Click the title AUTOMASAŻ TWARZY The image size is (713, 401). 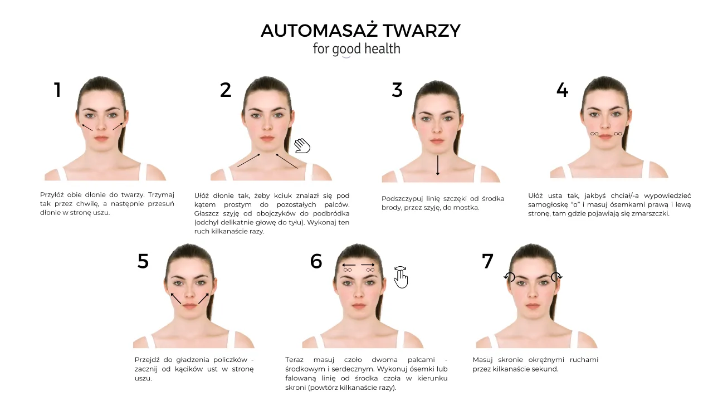[360, 31]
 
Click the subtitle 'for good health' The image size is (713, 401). [356, 49]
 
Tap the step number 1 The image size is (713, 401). [57, 90]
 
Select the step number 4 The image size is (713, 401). [562, 90]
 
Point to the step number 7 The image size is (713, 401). [487, 261]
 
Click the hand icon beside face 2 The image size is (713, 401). [302, 146]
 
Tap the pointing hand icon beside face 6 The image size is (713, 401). [401, 277]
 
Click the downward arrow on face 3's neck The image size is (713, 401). [438, 165]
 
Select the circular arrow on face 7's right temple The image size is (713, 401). [556, 277]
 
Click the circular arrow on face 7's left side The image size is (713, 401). [509, 277]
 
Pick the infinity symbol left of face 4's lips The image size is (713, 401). [594, 134]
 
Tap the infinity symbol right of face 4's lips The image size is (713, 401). [618, 134]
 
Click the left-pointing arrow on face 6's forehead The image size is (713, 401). [349, 265]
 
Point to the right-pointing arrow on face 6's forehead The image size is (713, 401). [368, 265]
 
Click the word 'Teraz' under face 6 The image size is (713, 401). [295, 360]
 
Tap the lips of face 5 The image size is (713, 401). [189, 306]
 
